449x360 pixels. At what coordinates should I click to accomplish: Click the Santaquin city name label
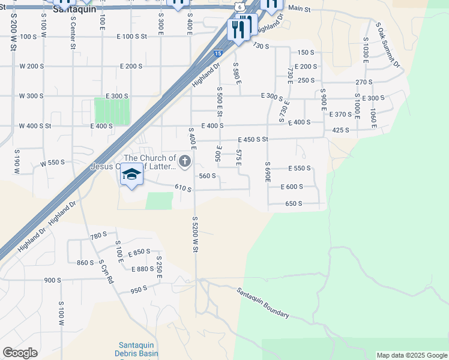[x=74, y=10]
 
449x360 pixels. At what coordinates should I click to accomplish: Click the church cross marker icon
[x=184, y=161]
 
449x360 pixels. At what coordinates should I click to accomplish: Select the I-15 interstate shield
[x=218, y=53]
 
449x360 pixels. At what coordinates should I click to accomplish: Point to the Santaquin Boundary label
[x=262, y=303]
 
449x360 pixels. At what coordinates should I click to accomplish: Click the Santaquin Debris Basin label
[x=136, y=349]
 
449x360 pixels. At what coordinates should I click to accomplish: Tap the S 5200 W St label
[x=195, y=234]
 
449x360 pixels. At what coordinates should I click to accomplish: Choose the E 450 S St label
[x=252, y=139]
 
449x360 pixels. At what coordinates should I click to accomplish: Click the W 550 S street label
[x=52, y=163]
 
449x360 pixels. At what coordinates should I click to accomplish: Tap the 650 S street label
[x=294, y=203]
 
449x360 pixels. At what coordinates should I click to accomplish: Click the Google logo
[x=20, y=353]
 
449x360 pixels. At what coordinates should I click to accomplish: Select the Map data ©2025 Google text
[x=412, y=355]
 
